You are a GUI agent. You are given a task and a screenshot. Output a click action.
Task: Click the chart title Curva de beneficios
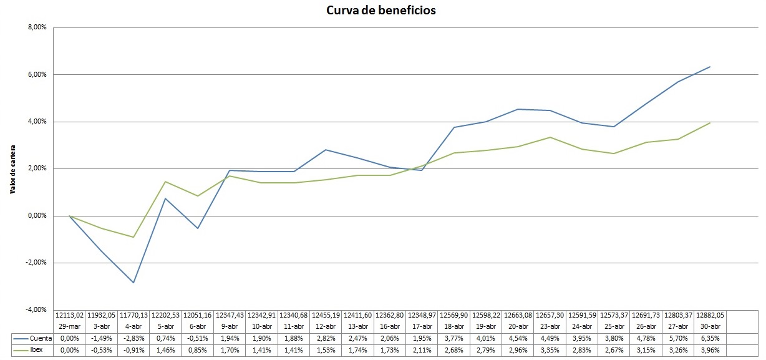[x=381, y=10]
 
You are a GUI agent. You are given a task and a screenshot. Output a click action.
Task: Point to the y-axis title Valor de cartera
[x=13, y=170]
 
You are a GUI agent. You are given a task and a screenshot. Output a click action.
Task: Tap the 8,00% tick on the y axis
[x=37, y=27]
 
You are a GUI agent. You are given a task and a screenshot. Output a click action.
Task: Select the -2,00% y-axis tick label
[x=36, y=263]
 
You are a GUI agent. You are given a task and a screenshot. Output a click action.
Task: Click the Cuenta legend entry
[x=32, y=338]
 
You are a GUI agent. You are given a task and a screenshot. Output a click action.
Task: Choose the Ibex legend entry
[x=28, y=350]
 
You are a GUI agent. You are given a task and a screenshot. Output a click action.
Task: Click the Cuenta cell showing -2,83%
[x=133, y=338]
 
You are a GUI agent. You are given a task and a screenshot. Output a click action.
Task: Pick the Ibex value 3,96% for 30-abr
[x=710, y=350]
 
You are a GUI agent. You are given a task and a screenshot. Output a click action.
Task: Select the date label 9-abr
[x=230, y=326]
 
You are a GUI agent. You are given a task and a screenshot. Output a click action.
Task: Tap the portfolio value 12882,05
[x=710, y=315]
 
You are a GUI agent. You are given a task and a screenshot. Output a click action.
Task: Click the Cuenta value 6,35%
[x=710, y=338]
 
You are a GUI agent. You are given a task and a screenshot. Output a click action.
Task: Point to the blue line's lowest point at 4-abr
[x=133, y=283]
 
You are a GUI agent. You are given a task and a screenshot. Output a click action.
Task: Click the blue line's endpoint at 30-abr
[x=710, y=67]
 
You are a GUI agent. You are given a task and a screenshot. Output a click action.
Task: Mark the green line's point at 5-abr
[x=165, y=182]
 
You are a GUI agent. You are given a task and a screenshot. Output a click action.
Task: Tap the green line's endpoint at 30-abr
[x=710, y=123]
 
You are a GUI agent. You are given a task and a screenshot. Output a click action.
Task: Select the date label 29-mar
[x=69, y=326]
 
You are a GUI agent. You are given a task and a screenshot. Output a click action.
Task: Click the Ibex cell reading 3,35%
[x=550, y=350]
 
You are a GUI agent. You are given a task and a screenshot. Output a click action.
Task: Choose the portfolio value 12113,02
[x=69, y=315]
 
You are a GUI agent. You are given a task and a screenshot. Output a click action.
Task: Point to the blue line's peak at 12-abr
[x=326, y=150]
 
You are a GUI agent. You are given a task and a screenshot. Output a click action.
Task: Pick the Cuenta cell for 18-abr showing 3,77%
[x=453, y=338]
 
